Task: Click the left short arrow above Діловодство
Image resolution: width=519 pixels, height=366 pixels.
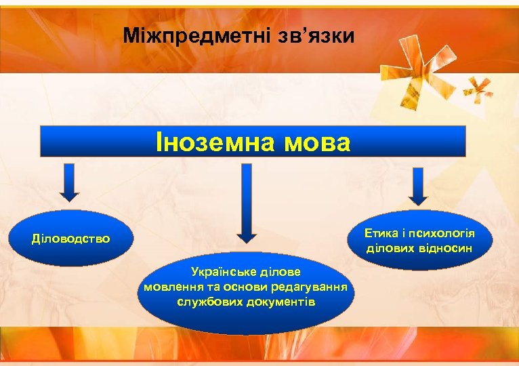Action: [x=70, y=182]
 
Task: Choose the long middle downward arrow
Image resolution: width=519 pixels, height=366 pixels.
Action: [x=246, y=203]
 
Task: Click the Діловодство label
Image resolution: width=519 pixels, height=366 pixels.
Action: [x=71, y=239]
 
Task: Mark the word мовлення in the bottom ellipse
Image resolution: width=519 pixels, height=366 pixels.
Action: [x=167, y=286]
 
